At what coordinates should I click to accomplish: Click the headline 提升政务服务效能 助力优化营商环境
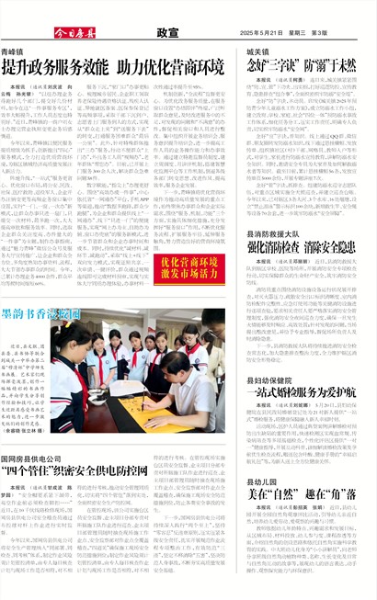click(113, 69)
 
